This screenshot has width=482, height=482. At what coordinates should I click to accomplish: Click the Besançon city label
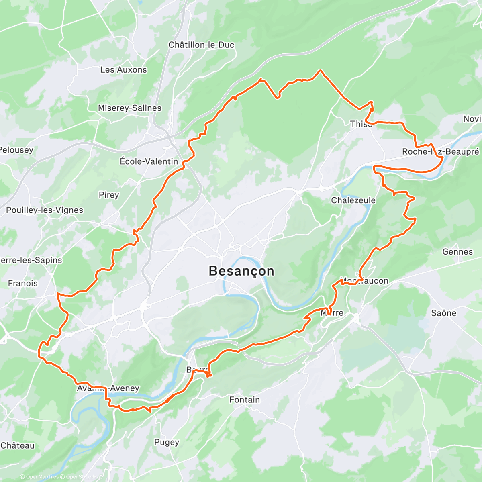coord(241,271)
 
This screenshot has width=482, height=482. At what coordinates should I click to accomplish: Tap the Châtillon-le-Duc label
coord(201,45)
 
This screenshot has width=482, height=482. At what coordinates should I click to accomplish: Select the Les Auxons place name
coord(123,70)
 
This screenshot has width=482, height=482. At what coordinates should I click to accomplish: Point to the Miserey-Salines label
coord(129,108)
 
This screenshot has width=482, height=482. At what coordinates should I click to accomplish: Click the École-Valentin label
coord(149,161)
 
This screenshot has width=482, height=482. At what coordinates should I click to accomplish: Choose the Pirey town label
coord(109,195)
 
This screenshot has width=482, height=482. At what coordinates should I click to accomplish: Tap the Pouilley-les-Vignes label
coord(45,210)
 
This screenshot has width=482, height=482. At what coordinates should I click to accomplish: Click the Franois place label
coord(23,283)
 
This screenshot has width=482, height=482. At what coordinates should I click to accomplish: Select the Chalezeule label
coord(353,200)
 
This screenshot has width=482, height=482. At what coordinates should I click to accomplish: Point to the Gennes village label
coord(457,252)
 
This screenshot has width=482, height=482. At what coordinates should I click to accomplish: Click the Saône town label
coord(443,313)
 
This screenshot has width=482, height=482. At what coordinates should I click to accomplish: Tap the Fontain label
coord(244,400)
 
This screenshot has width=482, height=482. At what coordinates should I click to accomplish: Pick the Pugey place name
coord(167,442)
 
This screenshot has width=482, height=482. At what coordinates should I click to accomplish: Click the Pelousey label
coord(16,150)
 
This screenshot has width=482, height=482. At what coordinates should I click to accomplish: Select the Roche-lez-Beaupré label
coord(441,152)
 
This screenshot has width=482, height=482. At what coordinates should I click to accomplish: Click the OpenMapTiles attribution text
coord(39,477)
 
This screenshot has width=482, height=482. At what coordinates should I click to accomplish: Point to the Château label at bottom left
coord(18,446)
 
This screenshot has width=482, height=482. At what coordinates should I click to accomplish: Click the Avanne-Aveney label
coord(108,388)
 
